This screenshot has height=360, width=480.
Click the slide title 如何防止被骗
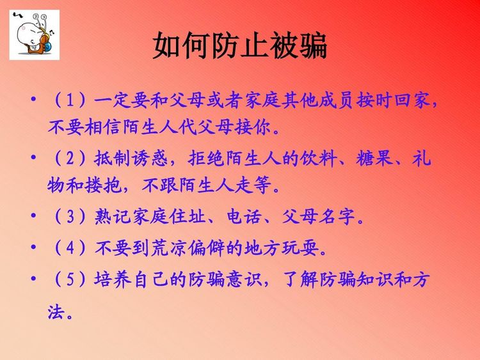coord(240,46)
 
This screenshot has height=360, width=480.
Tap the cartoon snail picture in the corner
coord(35,35)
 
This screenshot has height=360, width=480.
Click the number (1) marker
coord(70,100)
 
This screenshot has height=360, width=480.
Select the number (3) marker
coord(70,217)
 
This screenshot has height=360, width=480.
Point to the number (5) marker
coord(70,279)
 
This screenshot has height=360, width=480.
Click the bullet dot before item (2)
coord(33,157)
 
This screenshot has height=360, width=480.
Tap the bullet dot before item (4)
coord(33,247)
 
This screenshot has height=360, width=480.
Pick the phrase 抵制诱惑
coord(131,158)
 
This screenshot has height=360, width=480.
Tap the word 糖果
coord(374,158)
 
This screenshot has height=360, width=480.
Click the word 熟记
coord(113,217)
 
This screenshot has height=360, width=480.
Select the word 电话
coord(244,217)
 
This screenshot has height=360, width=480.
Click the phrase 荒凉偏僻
coord(188,247)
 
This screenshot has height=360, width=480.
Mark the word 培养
coord(113,279)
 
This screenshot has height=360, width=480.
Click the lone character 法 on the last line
coord(56,312)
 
